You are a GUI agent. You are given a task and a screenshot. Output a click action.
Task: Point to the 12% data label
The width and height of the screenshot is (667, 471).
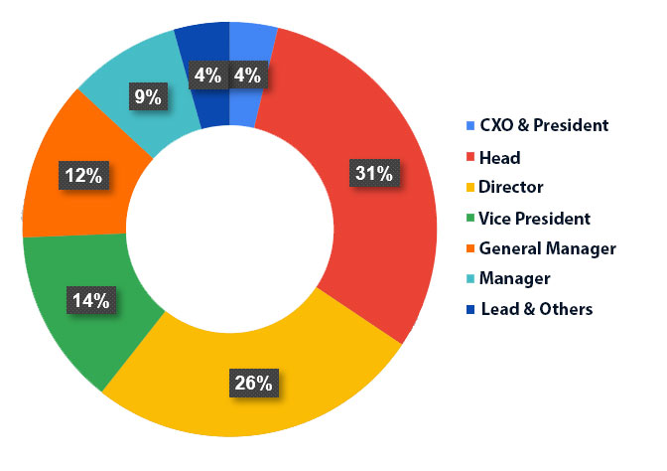coord(82,176)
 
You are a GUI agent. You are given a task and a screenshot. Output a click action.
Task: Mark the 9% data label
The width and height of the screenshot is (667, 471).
coord(147,96)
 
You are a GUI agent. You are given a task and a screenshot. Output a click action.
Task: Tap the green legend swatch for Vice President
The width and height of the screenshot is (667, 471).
coord(469,218)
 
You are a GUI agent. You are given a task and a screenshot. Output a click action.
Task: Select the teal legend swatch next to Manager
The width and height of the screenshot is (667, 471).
coord(469,278)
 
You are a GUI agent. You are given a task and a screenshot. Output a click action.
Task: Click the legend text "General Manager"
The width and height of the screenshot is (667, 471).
coord(547,248)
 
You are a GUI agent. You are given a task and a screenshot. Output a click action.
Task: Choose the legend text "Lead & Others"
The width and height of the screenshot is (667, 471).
coord(536,309)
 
